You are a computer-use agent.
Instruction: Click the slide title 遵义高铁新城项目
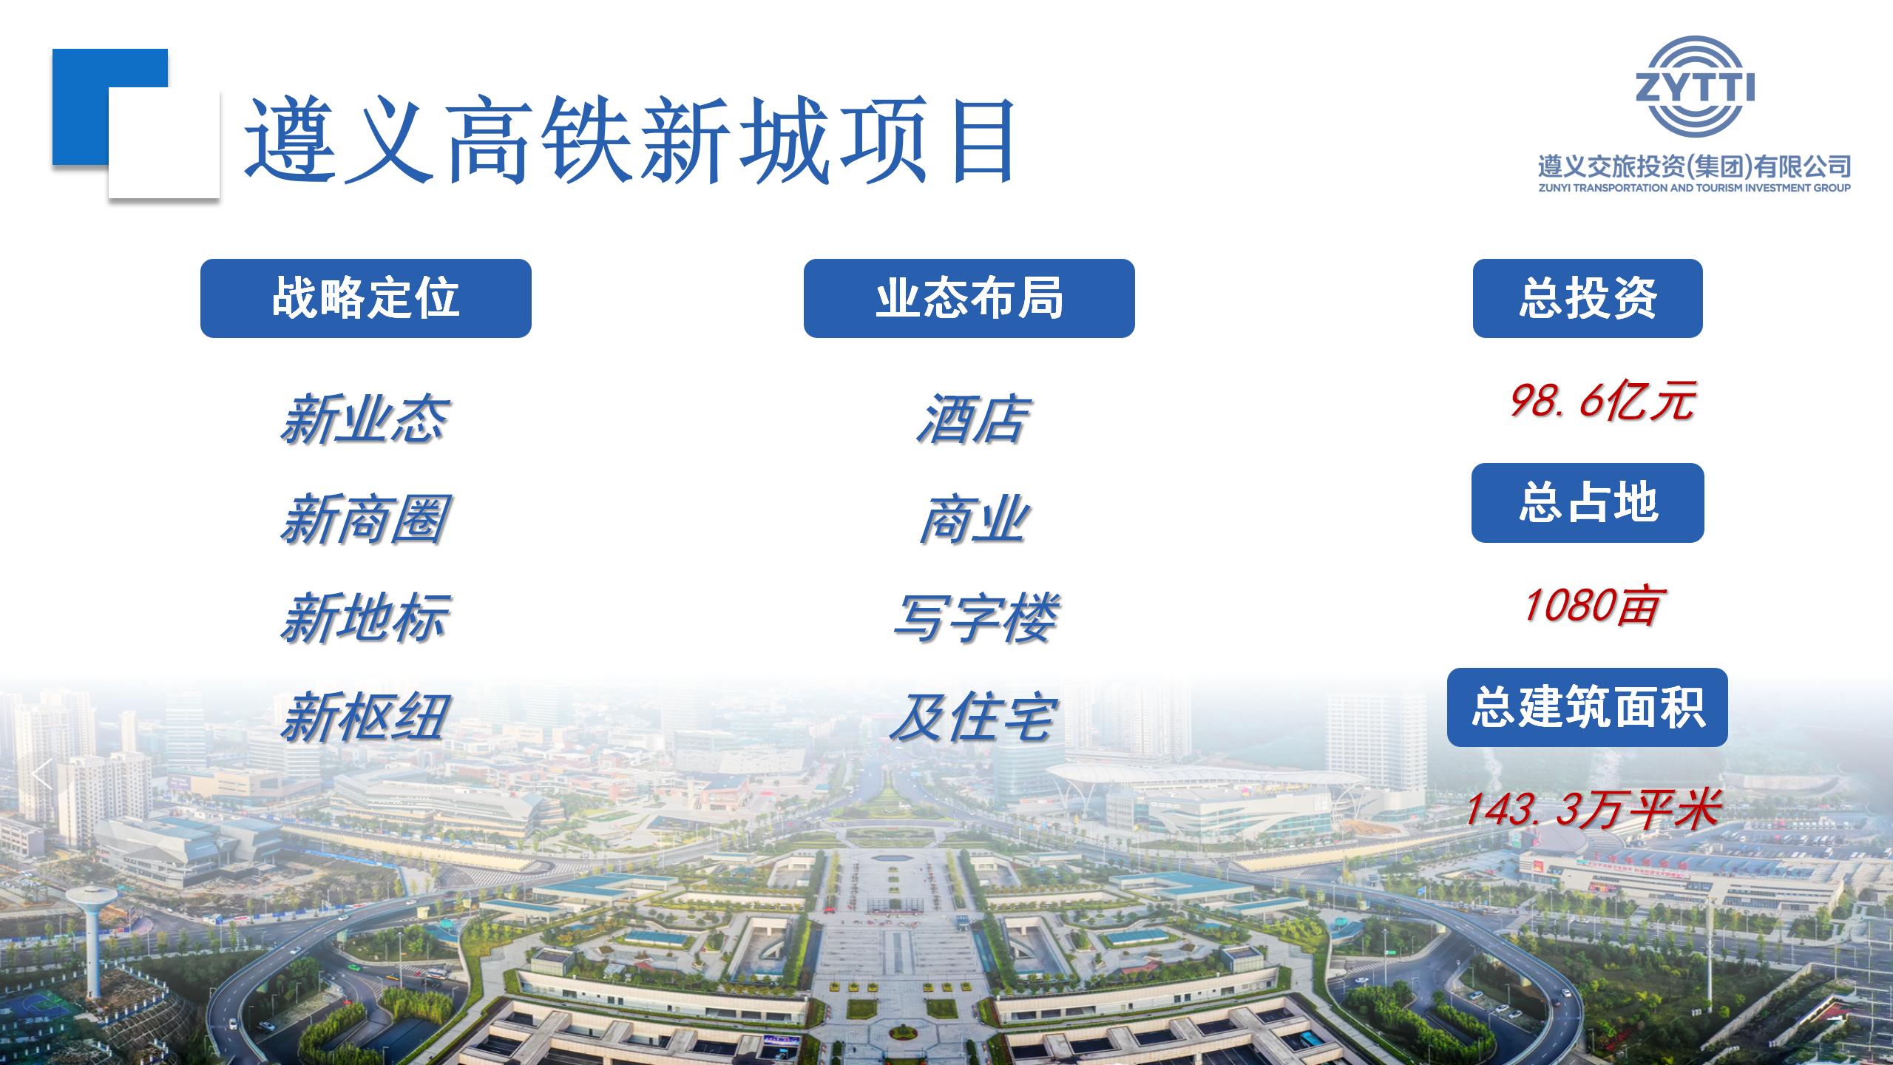(630, 141)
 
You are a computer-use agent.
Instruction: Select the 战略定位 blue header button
(366, 298)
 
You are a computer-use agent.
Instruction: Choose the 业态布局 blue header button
(969, 298)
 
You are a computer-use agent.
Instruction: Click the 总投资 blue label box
(1588, 298)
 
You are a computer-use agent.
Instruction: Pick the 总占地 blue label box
(1588, 503)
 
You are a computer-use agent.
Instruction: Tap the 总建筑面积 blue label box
(1588, 707)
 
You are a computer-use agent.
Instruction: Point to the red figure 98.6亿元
(1601, 402)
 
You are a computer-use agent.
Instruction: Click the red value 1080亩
(1591, 606)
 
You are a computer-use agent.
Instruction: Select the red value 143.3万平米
(1591, 808)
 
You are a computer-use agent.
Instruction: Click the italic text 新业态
(365, 419)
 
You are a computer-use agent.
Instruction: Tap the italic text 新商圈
(365, 519)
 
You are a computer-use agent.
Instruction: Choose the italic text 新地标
(365, 618)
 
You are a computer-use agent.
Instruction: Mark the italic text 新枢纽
(365, 717)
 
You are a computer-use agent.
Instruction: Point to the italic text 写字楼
(975, 618)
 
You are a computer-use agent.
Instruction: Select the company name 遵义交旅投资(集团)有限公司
(1694, 167)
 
